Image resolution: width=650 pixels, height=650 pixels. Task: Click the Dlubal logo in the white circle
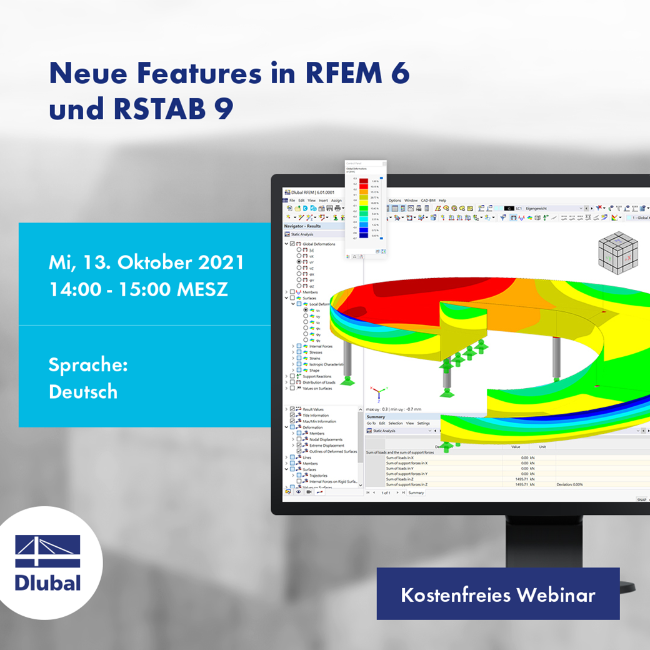(x=48, y=562)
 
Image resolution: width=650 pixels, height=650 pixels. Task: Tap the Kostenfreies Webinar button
(x=497, y=594)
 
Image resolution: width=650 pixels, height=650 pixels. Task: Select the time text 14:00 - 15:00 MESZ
(x=138, y=290)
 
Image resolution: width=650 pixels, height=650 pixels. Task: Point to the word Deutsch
(x=83, y=392)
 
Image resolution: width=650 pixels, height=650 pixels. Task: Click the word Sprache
(x=88, y=364)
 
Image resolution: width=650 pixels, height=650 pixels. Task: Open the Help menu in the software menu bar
(x=442, y=201)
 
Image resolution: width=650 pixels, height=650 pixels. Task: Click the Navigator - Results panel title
(x=302, y=226)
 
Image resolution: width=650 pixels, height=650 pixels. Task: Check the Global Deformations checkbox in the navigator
(x=292, y=244)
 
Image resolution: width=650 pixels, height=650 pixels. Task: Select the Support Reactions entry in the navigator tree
(x=317, y=376)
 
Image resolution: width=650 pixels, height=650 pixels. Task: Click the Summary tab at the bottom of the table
(x=416, y=492)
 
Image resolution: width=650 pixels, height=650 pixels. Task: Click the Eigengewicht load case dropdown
(x=552, y=208)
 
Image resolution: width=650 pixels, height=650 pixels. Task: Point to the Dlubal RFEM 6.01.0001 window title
(x=309, y=192)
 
